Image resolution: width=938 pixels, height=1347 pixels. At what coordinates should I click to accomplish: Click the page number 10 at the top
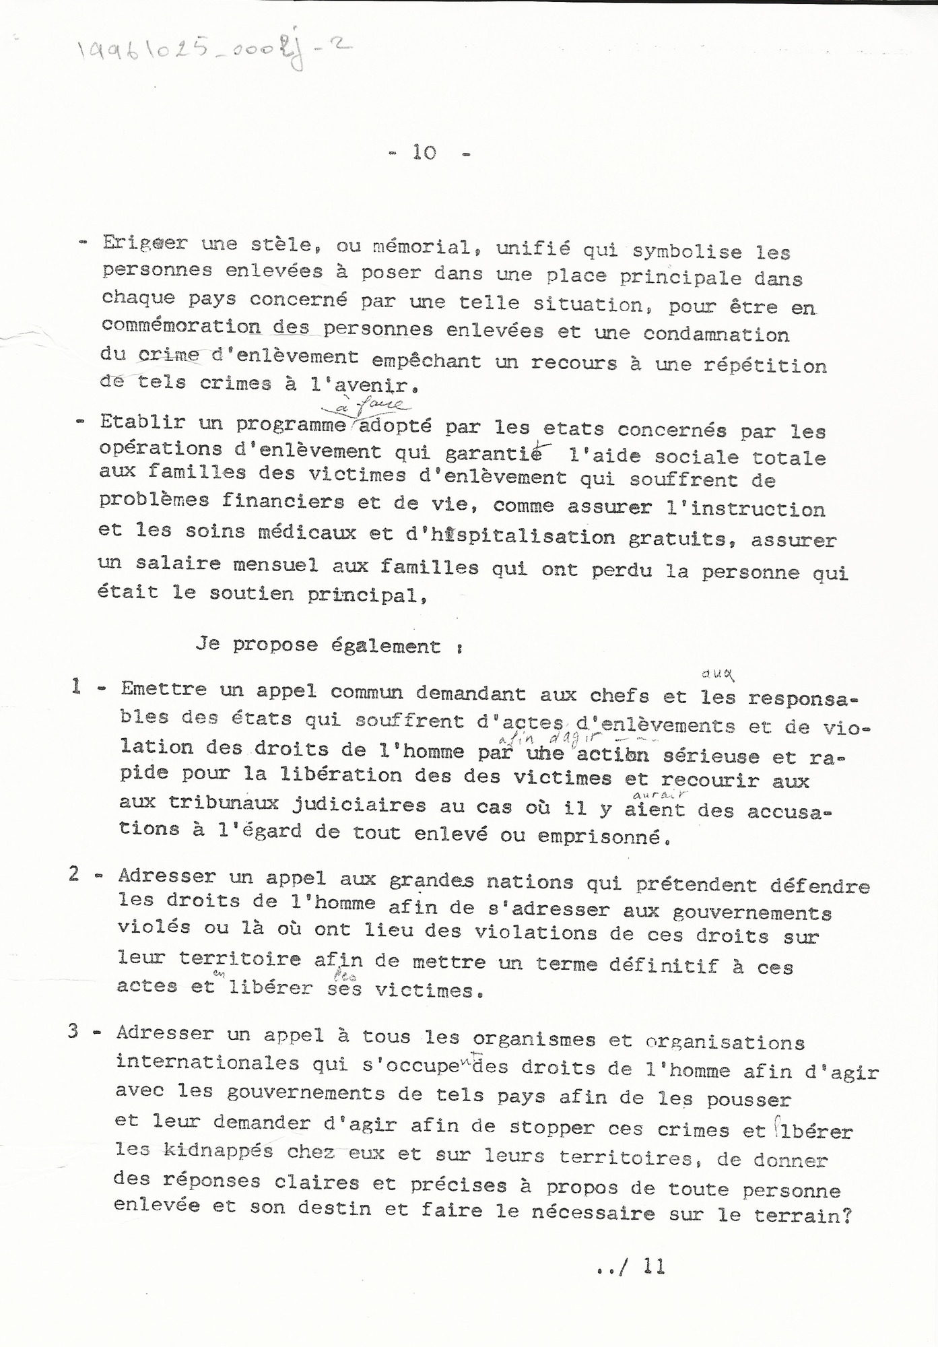425,153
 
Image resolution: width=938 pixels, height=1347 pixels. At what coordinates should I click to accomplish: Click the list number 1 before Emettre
77,687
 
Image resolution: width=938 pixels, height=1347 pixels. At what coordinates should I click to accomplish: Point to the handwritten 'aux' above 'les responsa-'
716,673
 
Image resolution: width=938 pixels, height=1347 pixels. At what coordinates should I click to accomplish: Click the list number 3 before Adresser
74,1032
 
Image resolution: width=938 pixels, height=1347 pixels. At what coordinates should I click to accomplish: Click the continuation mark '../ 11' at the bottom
630,1267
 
